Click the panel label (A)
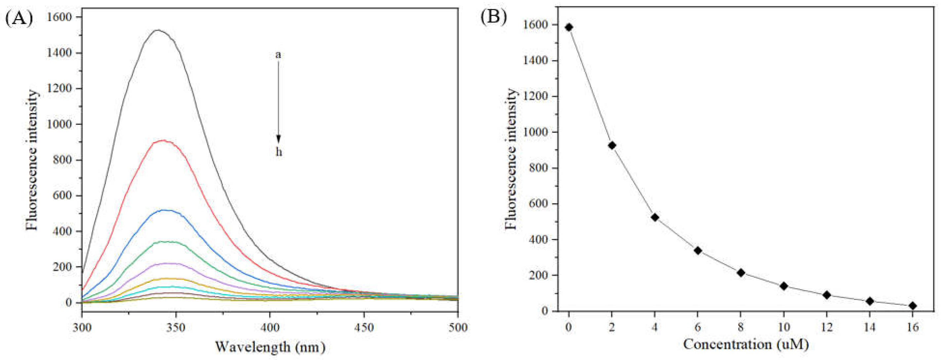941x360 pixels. [19, 18]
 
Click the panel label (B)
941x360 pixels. [494, 17]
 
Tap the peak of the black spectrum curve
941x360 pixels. [158, 30]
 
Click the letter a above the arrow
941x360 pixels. [278, 55]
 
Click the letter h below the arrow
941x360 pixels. [279, 152]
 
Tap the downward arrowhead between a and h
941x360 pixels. [278, 139]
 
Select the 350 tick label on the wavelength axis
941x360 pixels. [176, 328]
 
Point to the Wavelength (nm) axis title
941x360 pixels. [270, 346]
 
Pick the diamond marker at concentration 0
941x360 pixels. [569, 27]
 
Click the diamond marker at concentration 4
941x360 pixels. [655, 218]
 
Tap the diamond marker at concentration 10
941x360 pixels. [783, 286]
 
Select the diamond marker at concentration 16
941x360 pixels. [913, 305]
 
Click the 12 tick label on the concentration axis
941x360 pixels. [827, 327]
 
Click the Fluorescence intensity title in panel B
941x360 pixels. [511, 159]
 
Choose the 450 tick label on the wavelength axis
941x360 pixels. [364, 328]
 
